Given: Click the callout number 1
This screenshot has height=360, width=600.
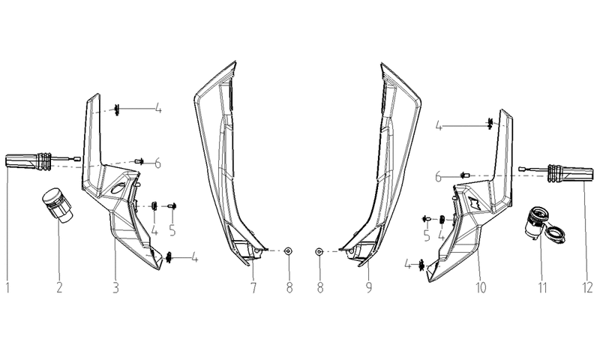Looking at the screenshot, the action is pos(7,287).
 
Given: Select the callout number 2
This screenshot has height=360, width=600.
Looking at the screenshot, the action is pos(59,287).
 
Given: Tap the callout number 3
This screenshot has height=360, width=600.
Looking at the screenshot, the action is pos(115,287).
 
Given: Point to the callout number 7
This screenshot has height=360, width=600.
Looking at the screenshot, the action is pos(253,287).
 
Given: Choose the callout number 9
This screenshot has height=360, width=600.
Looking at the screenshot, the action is pos(368,287).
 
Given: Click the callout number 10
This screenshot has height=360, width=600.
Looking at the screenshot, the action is pos(480,287).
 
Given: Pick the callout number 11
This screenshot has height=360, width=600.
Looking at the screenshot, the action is pos(542,287).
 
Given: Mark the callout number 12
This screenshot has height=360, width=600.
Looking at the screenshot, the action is pos(588,287).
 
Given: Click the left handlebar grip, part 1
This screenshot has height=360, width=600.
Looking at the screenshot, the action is pos(43,161).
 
